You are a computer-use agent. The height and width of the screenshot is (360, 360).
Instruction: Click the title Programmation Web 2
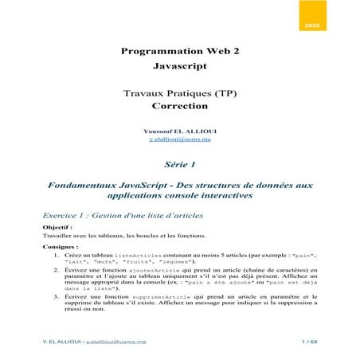tap(179, 50)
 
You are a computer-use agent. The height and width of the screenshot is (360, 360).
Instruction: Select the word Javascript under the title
tap(179, 66)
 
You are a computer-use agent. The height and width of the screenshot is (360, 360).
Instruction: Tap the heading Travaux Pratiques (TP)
tap(179, 93)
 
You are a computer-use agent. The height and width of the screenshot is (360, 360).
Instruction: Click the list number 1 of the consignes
tap(57, 255)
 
